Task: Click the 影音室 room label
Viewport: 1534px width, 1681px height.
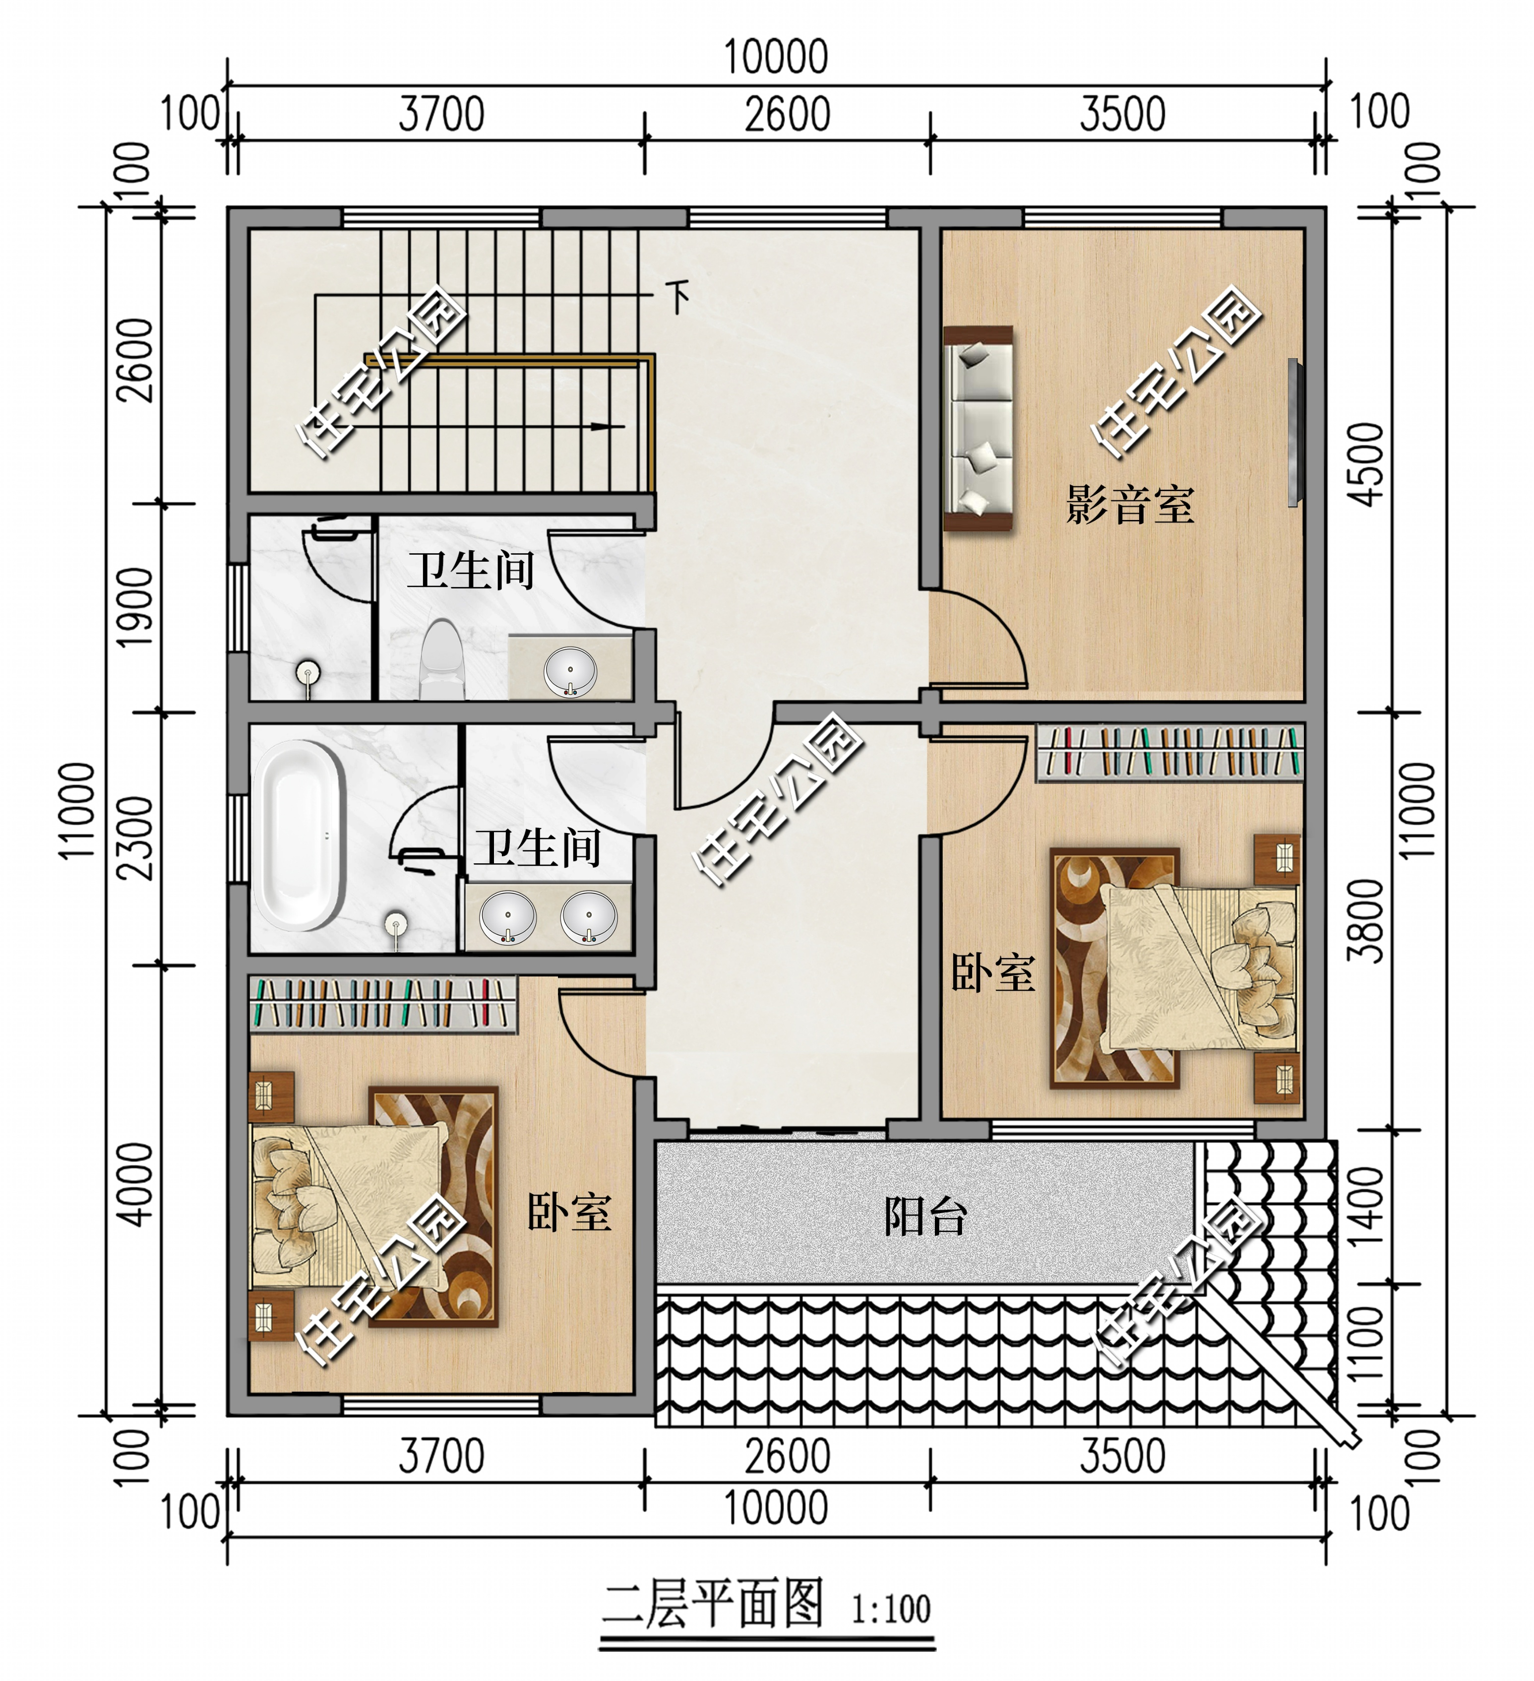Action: coord(1130,505)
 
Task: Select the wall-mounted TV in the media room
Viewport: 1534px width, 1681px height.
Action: coord(1293,432)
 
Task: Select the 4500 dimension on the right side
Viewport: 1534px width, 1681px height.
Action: coord(1367,464)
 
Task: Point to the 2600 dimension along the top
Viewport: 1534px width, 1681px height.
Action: coord(787,114)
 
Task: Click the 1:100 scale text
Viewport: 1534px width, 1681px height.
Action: coord(890,1609)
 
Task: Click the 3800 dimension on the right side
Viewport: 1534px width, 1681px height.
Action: coord(1367,920)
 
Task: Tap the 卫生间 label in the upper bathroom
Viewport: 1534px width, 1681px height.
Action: coord(471,571)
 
